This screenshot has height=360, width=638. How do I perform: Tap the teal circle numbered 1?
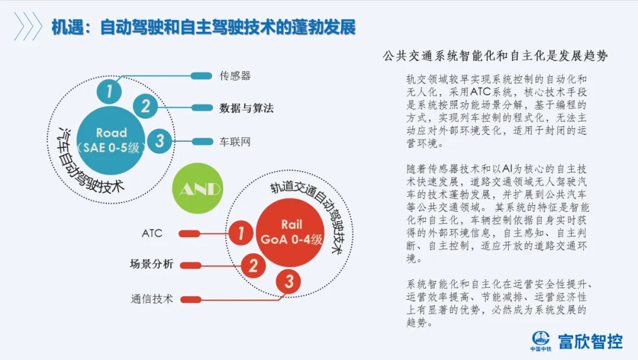[110, 92]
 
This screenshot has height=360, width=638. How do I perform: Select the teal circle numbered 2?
[145, 106]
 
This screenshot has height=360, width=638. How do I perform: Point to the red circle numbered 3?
[289, 281]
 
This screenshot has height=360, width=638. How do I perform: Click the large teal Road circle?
[112, 140]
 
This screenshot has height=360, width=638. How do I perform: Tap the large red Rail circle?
[291, 232]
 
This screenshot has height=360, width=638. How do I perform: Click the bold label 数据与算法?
[246, 108]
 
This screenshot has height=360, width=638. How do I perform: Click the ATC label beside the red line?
[152, 233]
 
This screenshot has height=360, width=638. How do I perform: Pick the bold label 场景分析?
[151, 265]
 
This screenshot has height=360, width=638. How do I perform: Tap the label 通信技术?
[152, 299]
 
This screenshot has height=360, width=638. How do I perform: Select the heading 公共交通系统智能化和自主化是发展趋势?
[496, 56]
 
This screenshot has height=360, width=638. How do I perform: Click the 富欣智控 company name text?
[591, 341]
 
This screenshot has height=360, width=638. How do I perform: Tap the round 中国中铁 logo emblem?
[541, 338]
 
